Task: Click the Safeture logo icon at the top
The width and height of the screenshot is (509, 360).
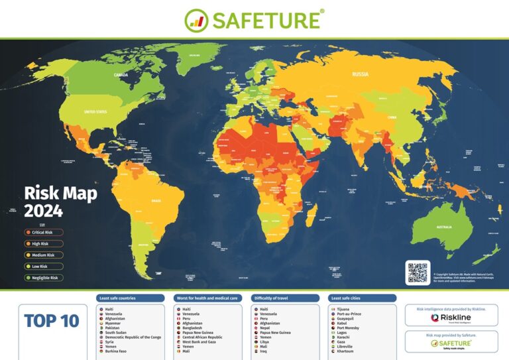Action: point(196,20)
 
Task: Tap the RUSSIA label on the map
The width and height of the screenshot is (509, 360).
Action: point(361,74)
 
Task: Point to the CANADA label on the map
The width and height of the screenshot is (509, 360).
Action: point(121,75)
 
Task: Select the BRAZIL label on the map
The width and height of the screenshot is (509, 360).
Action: point(156,200)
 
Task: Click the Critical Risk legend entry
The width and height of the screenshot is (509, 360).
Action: point(44,233)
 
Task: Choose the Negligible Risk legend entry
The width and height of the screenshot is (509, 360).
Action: point(44,278)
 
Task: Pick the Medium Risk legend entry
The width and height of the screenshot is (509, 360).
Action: point(44,255)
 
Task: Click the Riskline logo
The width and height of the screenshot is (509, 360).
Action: point(451,318)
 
